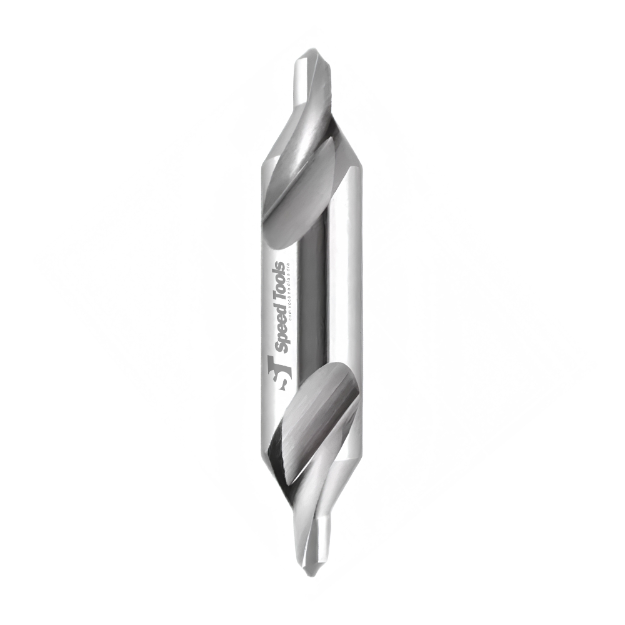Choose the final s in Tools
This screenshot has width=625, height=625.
[x=280, y=264]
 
